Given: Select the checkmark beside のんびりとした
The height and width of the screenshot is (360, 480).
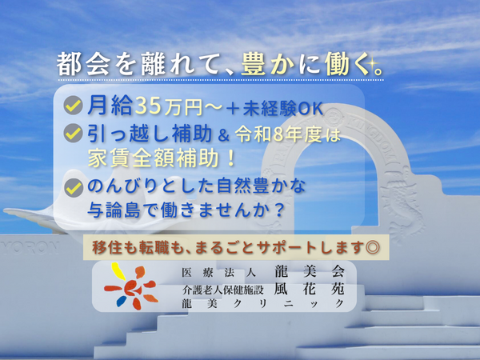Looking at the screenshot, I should click(73, 188).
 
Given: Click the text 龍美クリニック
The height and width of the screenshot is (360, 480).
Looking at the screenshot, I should click(264, 303).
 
